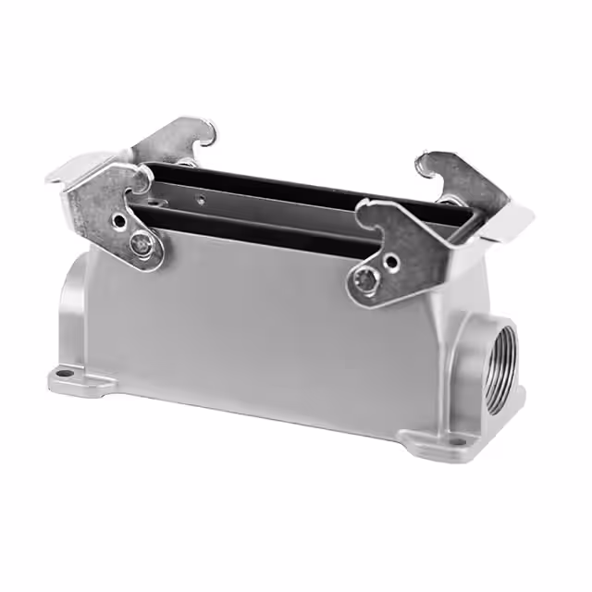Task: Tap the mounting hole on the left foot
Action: click(66, 376)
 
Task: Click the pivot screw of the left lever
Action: click(140, 244)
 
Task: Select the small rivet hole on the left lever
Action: click(118, 219)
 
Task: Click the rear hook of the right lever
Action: click(427, 166)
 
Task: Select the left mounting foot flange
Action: click(79, 379)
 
